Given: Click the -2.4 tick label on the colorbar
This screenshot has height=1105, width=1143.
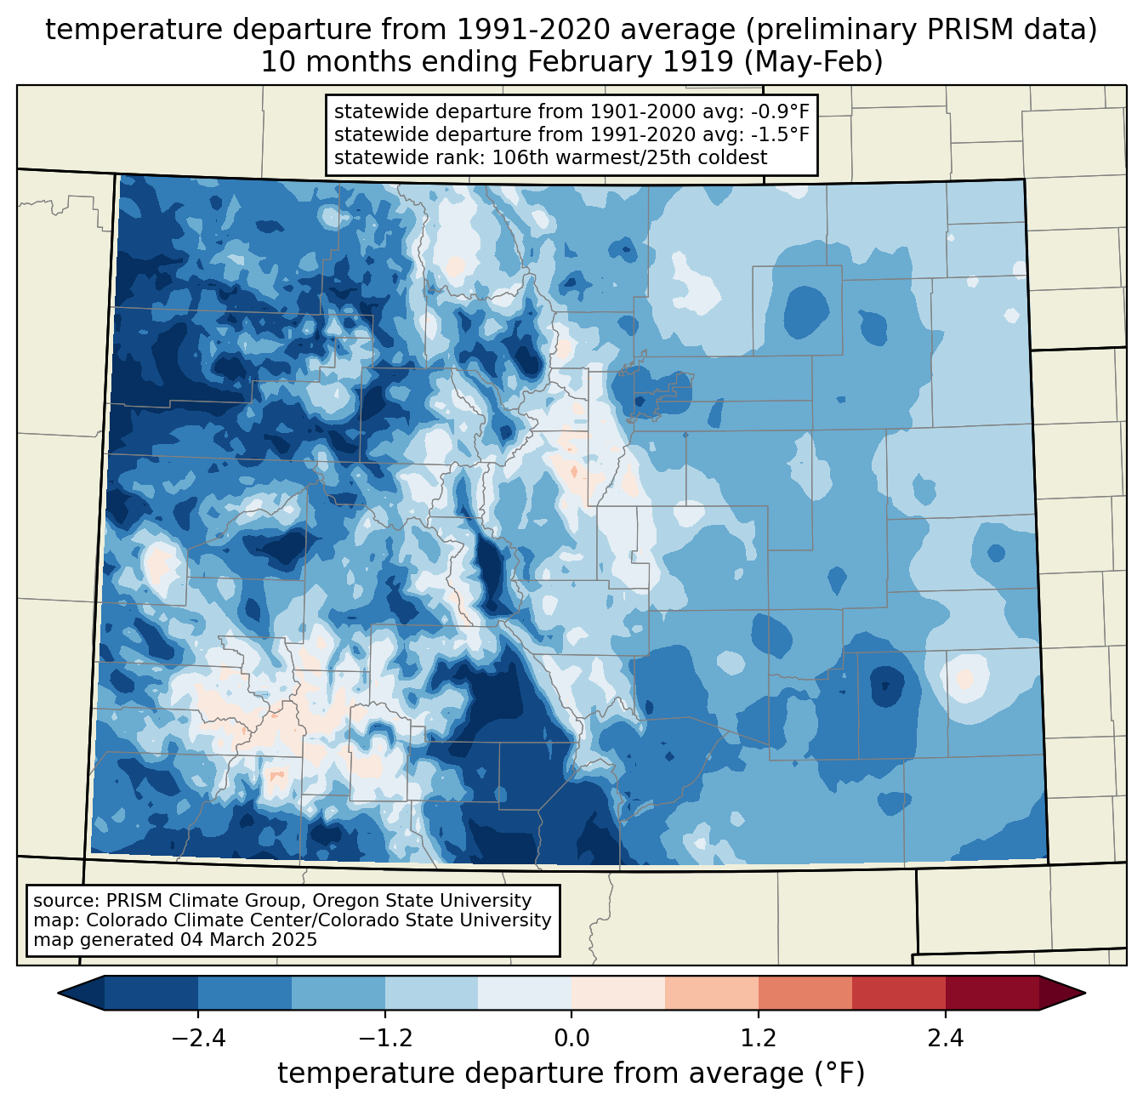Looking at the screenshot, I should (x=198, y=1039).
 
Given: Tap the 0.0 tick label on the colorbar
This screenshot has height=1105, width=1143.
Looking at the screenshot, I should (x=571, y=1039).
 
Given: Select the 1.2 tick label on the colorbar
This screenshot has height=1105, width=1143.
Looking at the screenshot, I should (x=759, y=1039).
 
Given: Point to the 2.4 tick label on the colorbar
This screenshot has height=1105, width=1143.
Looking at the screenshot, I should (x=946, y=1039).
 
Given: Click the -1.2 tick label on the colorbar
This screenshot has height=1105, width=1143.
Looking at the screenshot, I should (x=385, y=1039).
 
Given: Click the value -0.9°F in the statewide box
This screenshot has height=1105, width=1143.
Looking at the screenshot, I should (x=771, y=111).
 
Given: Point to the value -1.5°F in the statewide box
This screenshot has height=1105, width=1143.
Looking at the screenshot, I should (x=771, y=134).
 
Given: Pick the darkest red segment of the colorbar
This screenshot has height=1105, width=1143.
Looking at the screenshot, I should (x=992, y=993).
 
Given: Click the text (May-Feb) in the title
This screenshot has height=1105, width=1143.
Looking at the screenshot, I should (x=817, y=62).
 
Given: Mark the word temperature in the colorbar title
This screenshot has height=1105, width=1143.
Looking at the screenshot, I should (x=350, y=1074).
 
